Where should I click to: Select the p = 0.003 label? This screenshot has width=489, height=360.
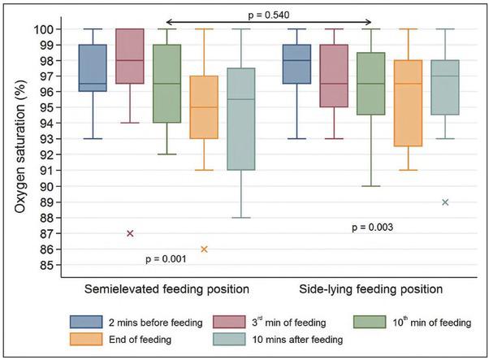pos(373,228)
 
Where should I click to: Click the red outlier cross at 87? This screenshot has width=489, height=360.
pos(130,233)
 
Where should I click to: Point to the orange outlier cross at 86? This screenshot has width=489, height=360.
pos(204,249)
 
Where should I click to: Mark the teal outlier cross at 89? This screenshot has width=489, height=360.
pos(445,202)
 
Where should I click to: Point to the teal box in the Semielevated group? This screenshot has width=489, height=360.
pos(241,119)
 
